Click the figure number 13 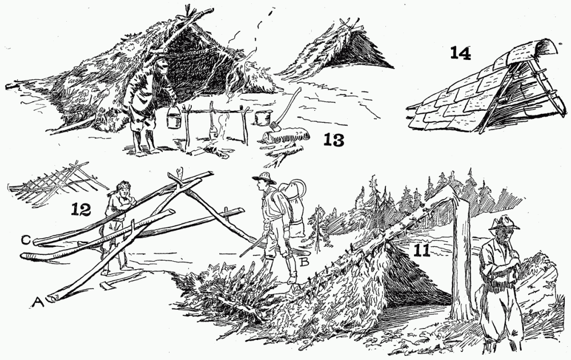coord(333,139)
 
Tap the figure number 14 coord(460,53)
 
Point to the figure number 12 coord(81,209)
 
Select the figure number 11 coord(422,250)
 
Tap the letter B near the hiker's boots coord(304,261)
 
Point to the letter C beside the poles coord(26,240)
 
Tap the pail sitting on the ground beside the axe coord(261,117)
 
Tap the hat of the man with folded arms coord(504,223)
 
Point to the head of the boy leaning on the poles coord(123,190)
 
